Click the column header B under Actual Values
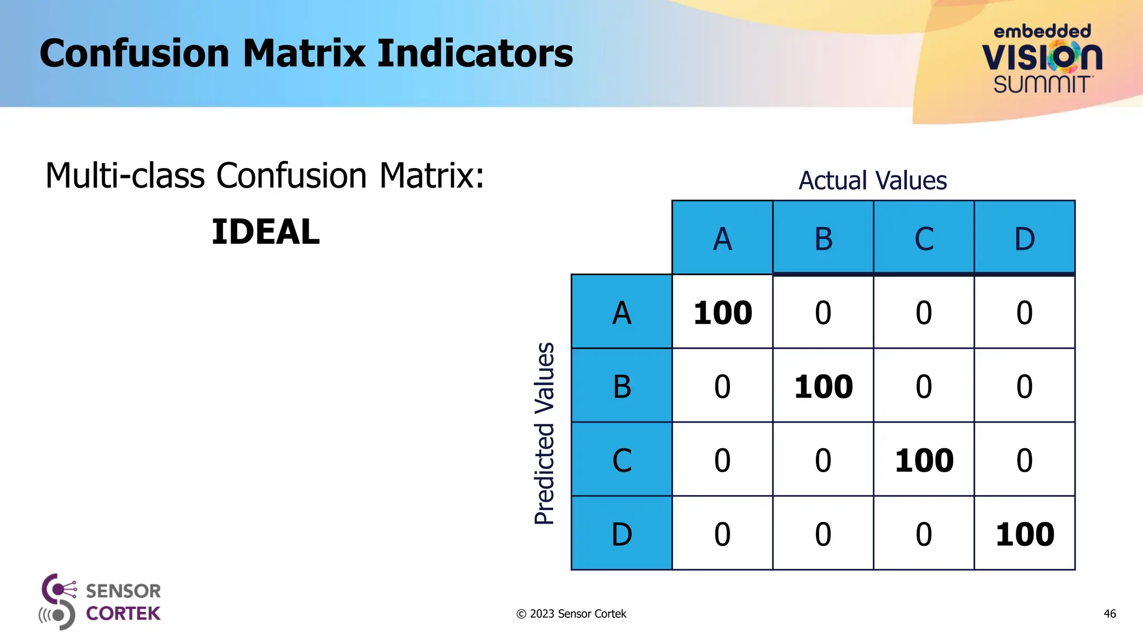click(823, 239)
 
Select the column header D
click(1025, 239)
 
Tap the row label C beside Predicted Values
click(622, 460)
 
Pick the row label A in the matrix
click(622, 313)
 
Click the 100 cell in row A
click(723, 313)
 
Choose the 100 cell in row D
click(1025, 534)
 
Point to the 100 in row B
click(823, 386)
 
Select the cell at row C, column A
click(722, 460)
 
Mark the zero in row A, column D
click(1024, 313)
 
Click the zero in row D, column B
click(823, 534)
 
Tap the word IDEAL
click(266, 232)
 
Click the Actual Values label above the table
click(872, 181)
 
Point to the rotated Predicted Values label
click(544, 433)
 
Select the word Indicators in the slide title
click(475, 54)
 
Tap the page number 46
click(1110, 614)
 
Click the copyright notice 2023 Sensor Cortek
click(571, 614)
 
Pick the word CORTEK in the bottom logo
click(123, 613)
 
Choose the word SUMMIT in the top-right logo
click(1042, 85)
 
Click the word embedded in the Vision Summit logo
click(1042, 31)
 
